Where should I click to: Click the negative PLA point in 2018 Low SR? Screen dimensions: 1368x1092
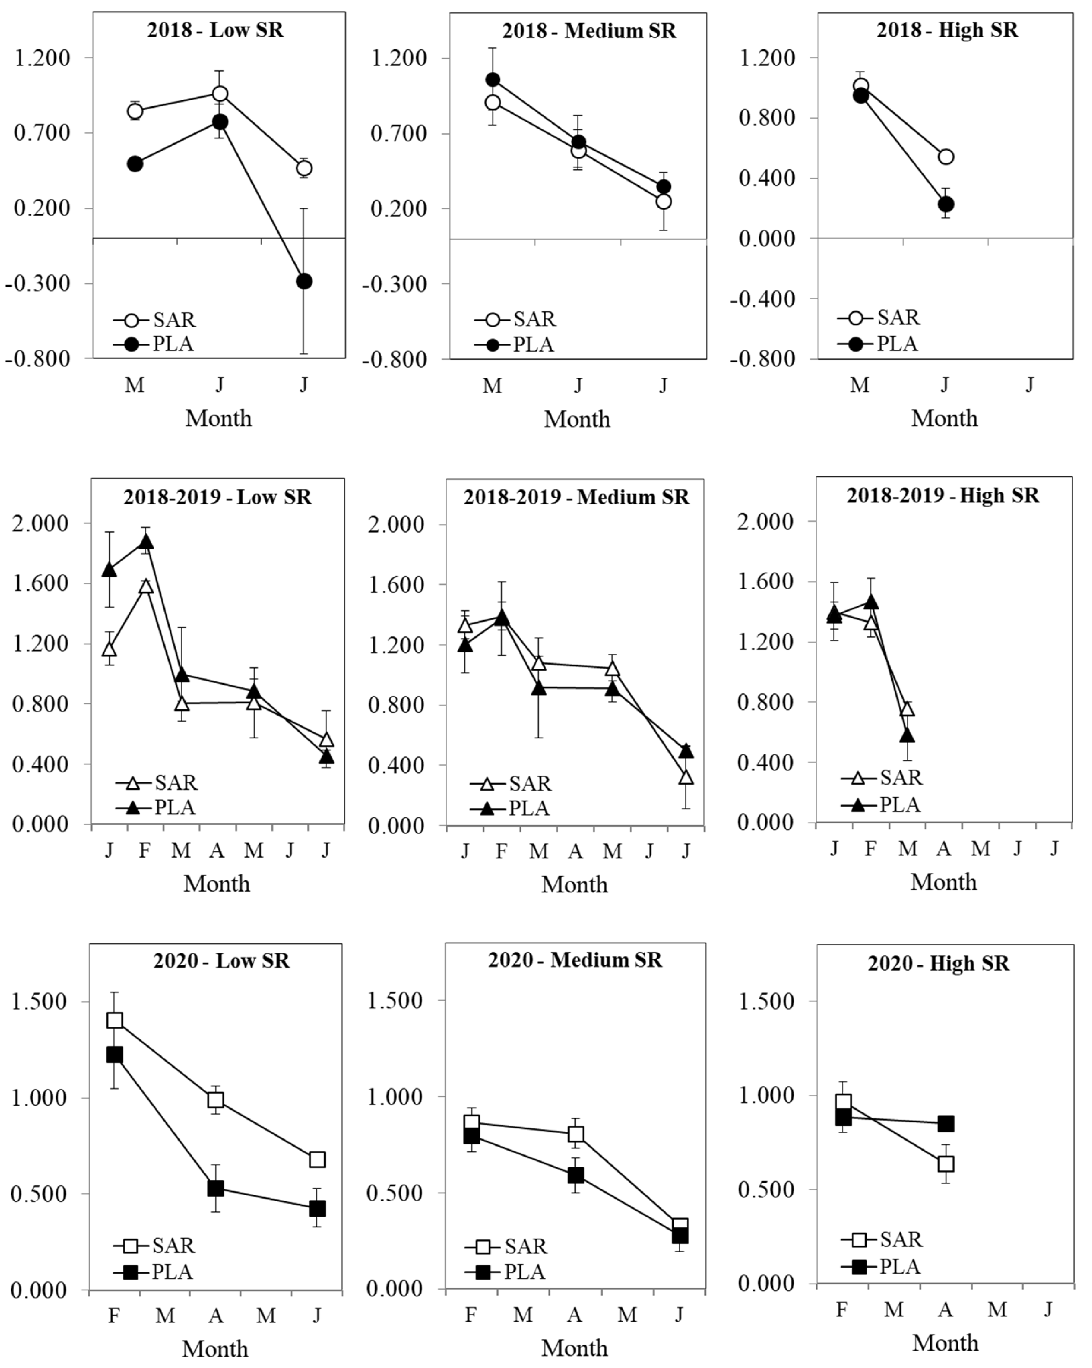(x=304, y=281)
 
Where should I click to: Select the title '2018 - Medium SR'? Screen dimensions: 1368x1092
(x=588, y=31)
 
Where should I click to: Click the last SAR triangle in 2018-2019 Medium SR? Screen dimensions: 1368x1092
(x=686, y=777)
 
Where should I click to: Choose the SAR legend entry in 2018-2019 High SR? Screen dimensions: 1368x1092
(x=883, y=778)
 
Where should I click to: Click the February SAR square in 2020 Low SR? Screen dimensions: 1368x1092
(x=114, y=1020)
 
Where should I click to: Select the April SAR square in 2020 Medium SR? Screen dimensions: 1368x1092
(x=575, y=1134)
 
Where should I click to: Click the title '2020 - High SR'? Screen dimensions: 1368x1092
(x=938, y=964)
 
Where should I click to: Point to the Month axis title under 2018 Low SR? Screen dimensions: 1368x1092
(x=218, y=419)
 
